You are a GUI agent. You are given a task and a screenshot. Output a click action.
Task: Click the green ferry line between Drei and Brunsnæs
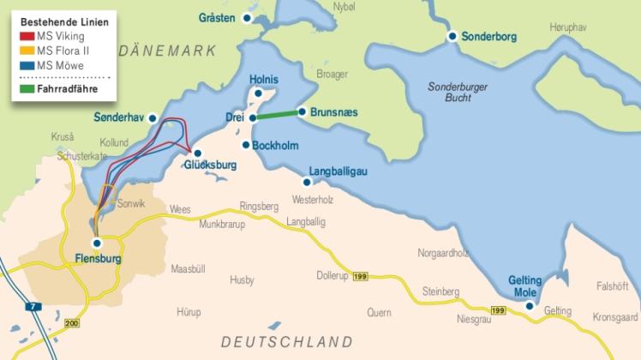click(x=277, y=115)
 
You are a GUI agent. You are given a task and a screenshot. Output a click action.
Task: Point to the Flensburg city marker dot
click(x=96, y=243)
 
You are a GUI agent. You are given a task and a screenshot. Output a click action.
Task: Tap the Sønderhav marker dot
click(x=153, y=119)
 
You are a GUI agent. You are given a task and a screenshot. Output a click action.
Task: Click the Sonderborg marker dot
click(x=452, y=37)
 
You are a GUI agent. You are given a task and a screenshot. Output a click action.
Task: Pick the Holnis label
click(x=264, y=79)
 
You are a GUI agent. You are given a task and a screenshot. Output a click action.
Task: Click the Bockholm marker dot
click(x=246, y=145)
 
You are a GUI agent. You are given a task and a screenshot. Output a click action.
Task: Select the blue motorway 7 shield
click(x=32, y=305)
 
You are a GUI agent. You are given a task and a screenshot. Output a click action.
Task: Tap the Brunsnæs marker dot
click(x=302, y=111)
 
